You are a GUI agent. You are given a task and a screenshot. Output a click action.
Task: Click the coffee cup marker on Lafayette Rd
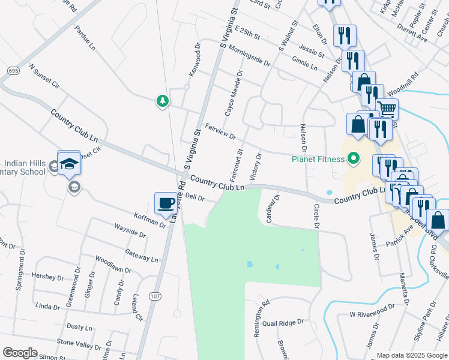tap(166, 202)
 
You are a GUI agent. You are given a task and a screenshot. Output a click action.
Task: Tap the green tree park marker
tap(161, 101)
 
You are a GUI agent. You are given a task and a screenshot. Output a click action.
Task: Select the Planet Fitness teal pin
tap(354, 159)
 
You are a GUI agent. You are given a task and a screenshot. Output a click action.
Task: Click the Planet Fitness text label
tap(318, 159)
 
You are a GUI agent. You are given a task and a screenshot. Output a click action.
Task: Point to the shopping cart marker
tap(387, 110)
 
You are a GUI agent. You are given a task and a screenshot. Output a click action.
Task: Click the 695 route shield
tap(13, 71)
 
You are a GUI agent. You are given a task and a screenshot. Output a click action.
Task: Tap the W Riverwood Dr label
tap(372, 312)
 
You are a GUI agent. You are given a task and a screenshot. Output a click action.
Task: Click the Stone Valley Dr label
tap(79, 344)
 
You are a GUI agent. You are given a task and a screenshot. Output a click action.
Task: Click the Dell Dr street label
tap(196, 196)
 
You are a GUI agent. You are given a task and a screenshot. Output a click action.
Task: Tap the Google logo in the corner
tap(20, 353)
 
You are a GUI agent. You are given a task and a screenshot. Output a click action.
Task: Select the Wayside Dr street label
tap(130, 230)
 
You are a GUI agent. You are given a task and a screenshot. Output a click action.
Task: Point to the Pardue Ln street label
tap(85, 37)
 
